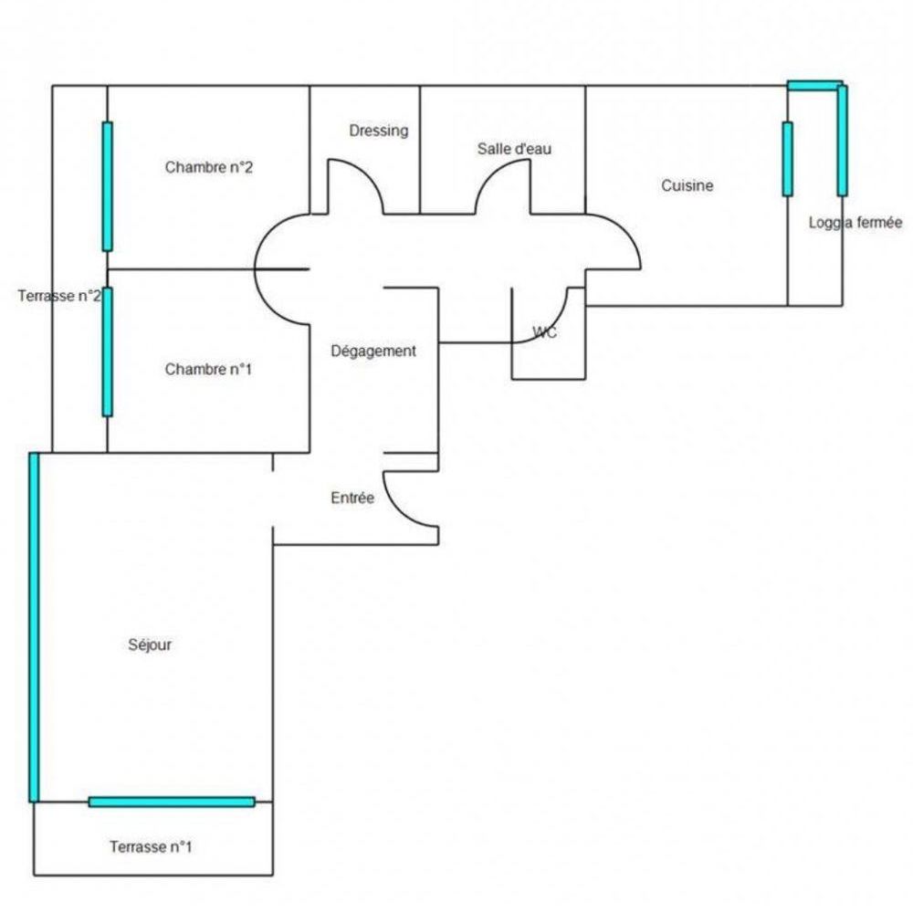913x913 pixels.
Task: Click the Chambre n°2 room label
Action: coord(208,168)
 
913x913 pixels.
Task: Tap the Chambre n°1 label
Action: coord(208,369)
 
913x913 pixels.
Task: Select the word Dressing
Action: coord(379,131)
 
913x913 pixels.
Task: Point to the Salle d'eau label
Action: coord(514,149)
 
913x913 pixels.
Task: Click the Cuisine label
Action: coord(687,185)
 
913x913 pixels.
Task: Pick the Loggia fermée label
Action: coord(855,223)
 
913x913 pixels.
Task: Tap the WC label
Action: coord(544,332)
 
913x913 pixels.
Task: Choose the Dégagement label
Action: coord(373,352)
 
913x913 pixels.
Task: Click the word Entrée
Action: coord(352,498)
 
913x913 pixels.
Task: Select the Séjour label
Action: coord(150,645)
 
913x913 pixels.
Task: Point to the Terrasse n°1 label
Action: coord(151,846)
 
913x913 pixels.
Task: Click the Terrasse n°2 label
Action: coord(59,296)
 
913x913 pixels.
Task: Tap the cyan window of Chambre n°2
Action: coord(107,186)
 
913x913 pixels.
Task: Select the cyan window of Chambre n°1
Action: coord(107,352)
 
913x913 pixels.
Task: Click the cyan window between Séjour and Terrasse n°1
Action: coord(172,802)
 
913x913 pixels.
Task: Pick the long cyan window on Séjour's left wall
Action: coord(34,627)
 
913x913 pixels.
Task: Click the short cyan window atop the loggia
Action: coord(814,86)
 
